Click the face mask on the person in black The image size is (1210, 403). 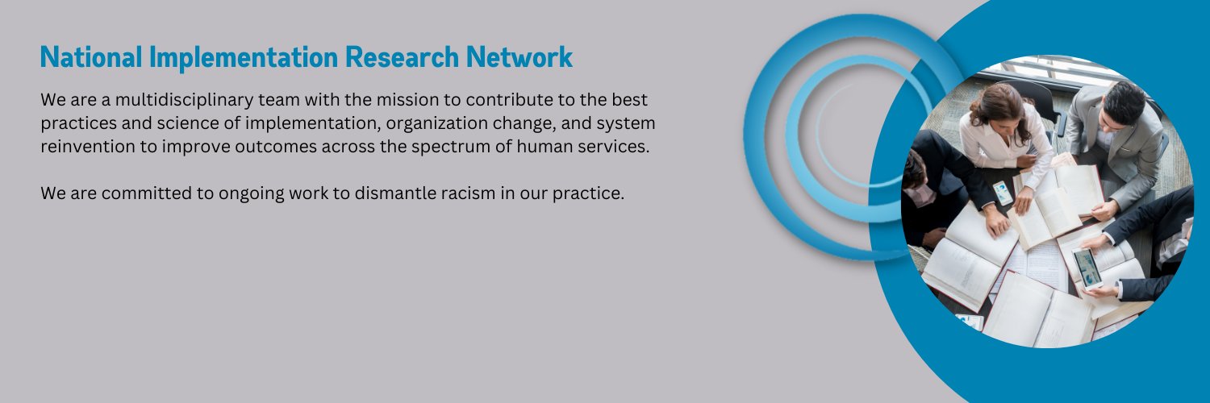click(x=922, y=194)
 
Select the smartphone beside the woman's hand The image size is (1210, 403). click(x=1003, y=193)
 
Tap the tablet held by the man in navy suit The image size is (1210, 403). click(x=1087, y=267)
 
